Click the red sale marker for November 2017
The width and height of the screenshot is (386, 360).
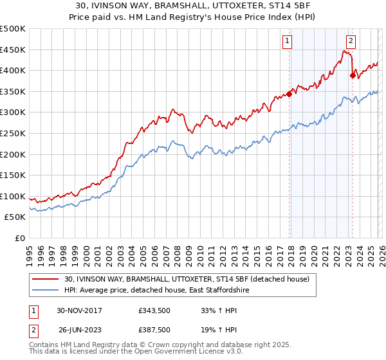[289, 94]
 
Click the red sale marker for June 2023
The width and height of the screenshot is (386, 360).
[353, 75]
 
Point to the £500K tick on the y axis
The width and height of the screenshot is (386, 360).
[13, 29]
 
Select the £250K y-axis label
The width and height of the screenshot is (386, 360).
[13, 133]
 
